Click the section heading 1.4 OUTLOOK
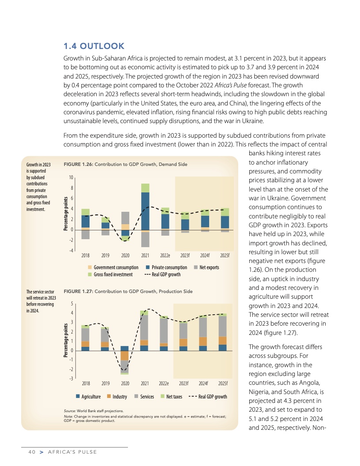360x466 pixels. click(x=94, y=46)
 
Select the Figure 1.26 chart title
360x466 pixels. click(x=125, y=164)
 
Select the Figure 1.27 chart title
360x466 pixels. click(x=128, y=291)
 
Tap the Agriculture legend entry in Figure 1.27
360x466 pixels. click(x=88, y=397)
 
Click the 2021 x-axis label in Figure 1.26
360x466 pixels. click(x=145, y=256)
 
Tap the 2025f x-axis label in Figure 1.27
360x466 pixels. click(x=223, y=383)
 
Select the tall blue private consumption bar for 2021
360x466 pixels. click(x=145, y=211)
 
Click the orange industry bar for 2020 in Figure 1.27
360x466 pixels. click(x=125, y=355)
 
